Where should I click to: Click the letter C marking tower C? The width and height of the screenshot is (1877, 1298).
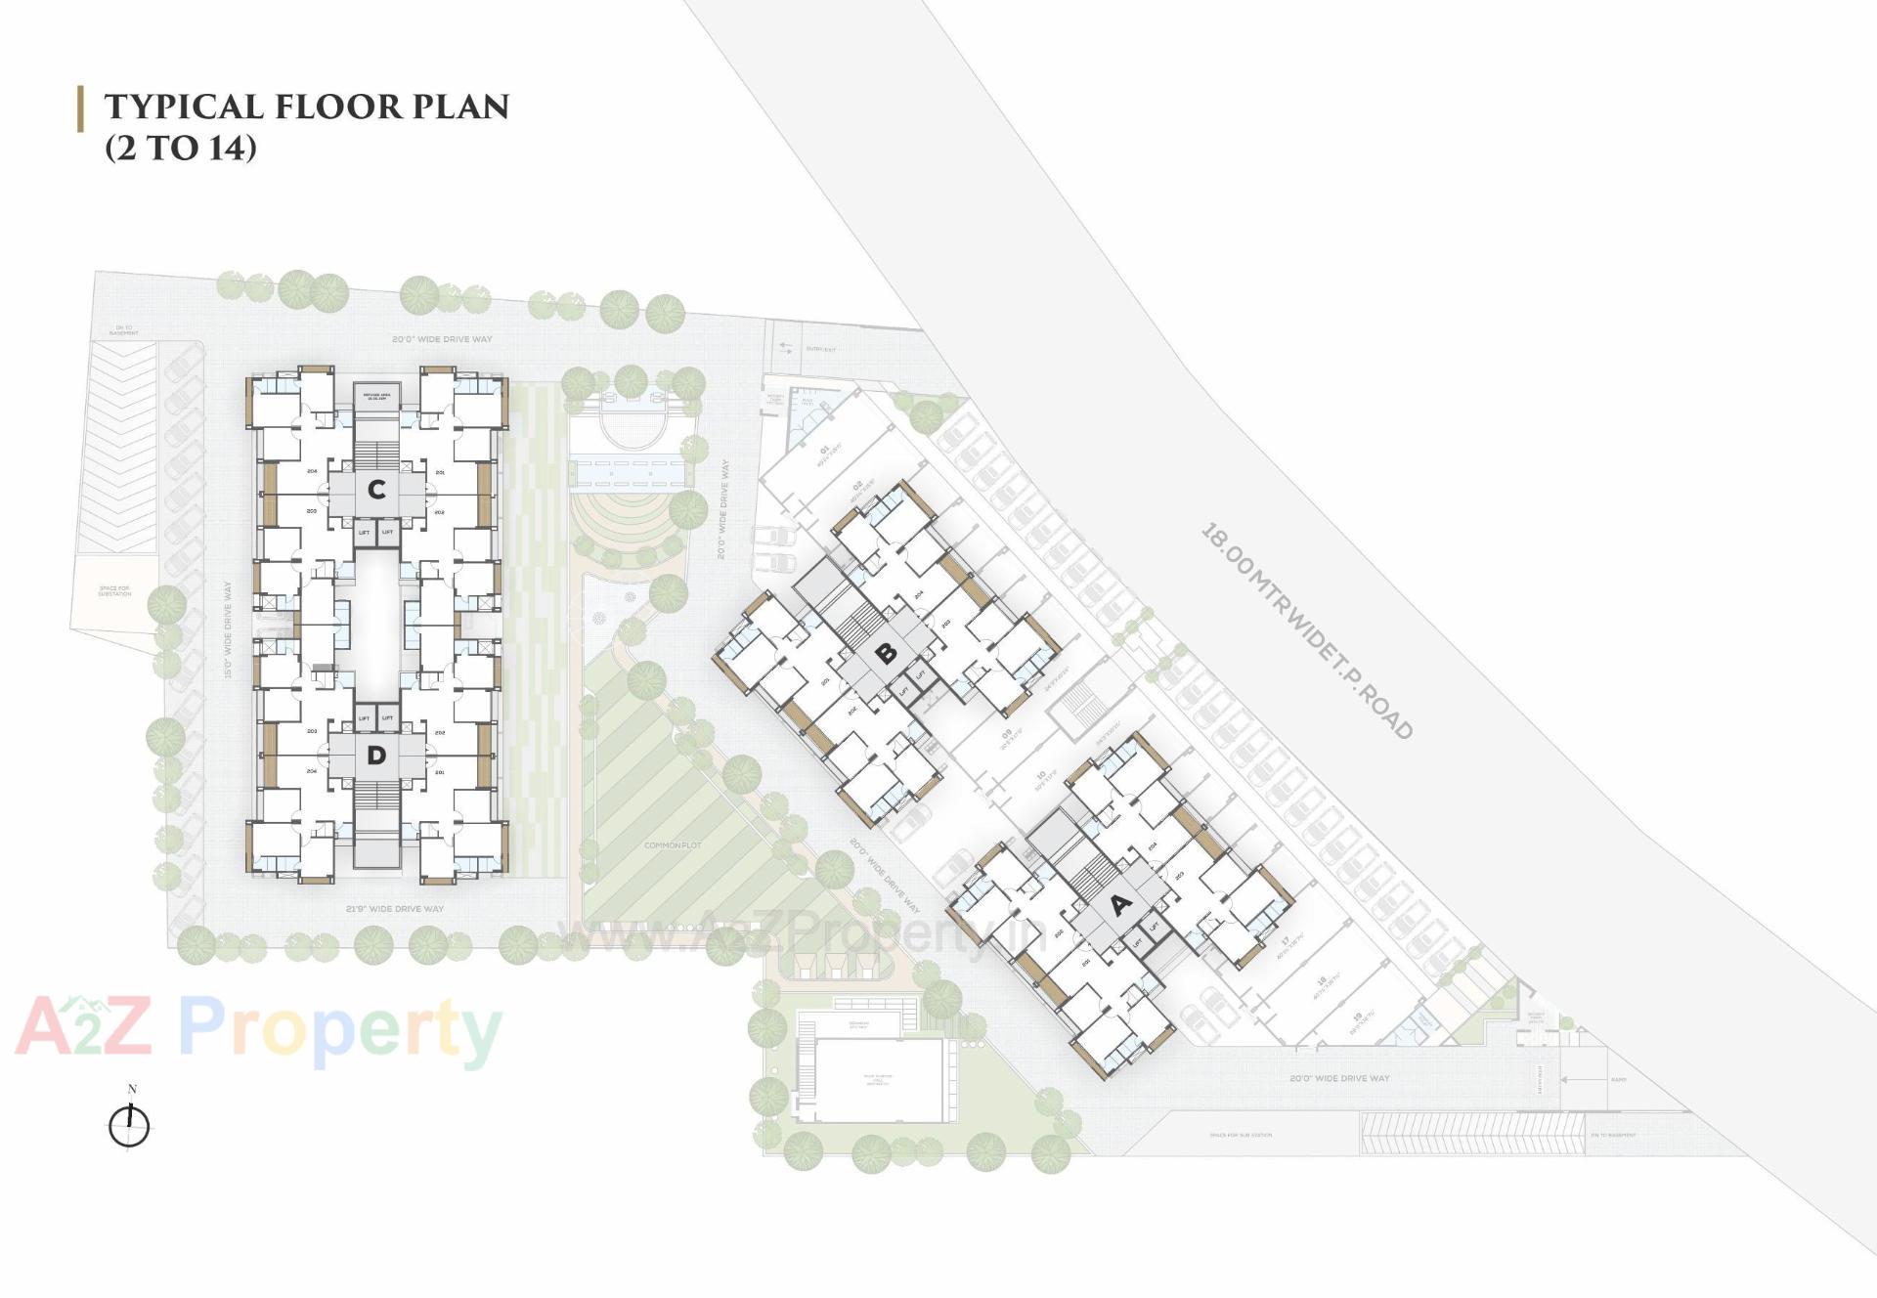tap(376, 489)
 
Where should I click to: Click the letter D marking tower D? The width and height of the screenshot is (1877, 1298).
tap(376, 756)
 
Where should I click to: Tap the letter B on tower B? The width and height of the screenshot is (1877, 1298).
tap(887, 654)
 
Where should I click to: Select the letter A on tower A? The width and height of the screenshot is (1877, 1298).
tap(1120, 904)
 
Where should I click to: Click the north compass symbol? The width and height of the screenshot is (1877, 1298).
tap(129, 1125)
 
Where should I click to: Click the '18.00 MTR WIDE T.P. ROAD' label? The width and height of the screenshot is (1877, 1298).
tap(1306, 631)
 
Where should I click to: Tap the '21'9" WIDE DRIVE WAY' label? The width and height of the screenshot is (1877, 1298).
tap(395, 909)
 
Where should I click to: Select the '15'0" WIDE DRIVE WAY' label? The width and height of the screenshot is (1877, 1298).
tap(228, 630)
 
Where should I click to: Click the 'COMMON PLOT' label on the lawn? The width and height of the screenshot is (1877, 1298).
tap(673, 845)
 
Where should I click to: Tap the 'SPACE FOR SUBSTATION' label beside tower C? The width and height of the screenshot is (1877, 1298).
tap(114, 591)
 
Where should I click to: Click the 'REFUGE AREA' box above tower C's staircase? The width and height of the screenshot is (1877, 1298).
tap(376, 396)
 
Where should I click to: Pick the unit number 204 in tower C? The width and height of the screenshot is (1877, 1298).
tap(312, 471)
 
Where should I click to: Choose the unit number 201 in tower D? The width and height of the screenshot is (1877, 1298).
tap(440, 771)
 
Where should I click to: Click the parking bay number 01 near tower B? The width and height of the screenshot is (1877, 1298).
tap(824, 451)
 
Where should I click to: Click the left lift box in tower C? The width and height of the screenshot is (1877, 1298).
tap(365, 533)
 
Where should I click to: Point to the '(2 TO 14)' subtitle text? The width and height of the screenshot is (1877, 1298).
tap(181, 148)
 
